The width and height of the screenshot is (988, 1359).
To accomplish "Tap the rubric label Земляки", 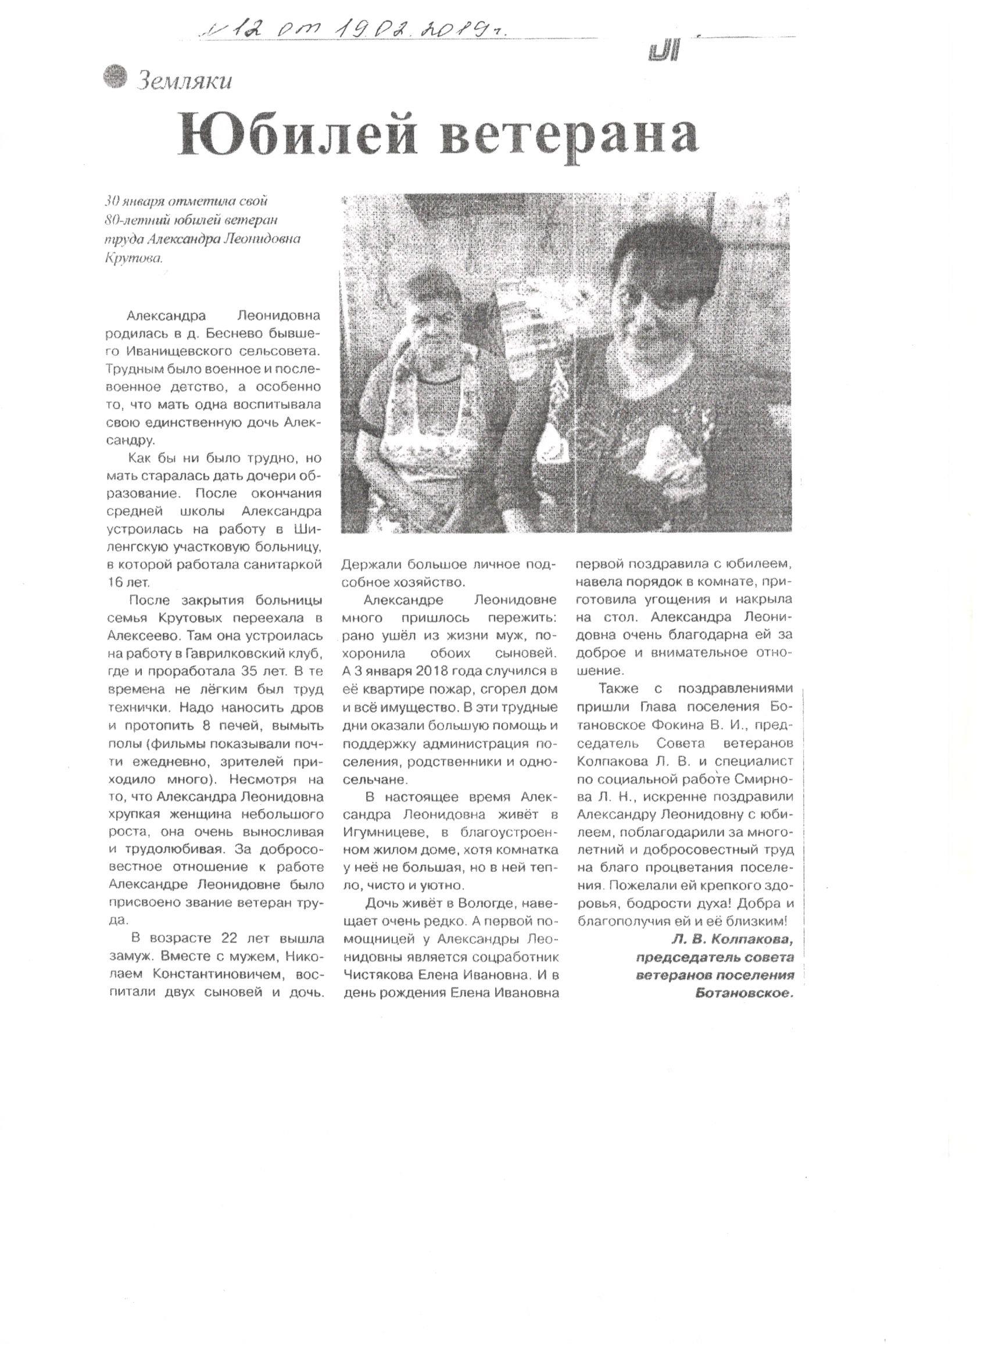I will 183,81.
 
